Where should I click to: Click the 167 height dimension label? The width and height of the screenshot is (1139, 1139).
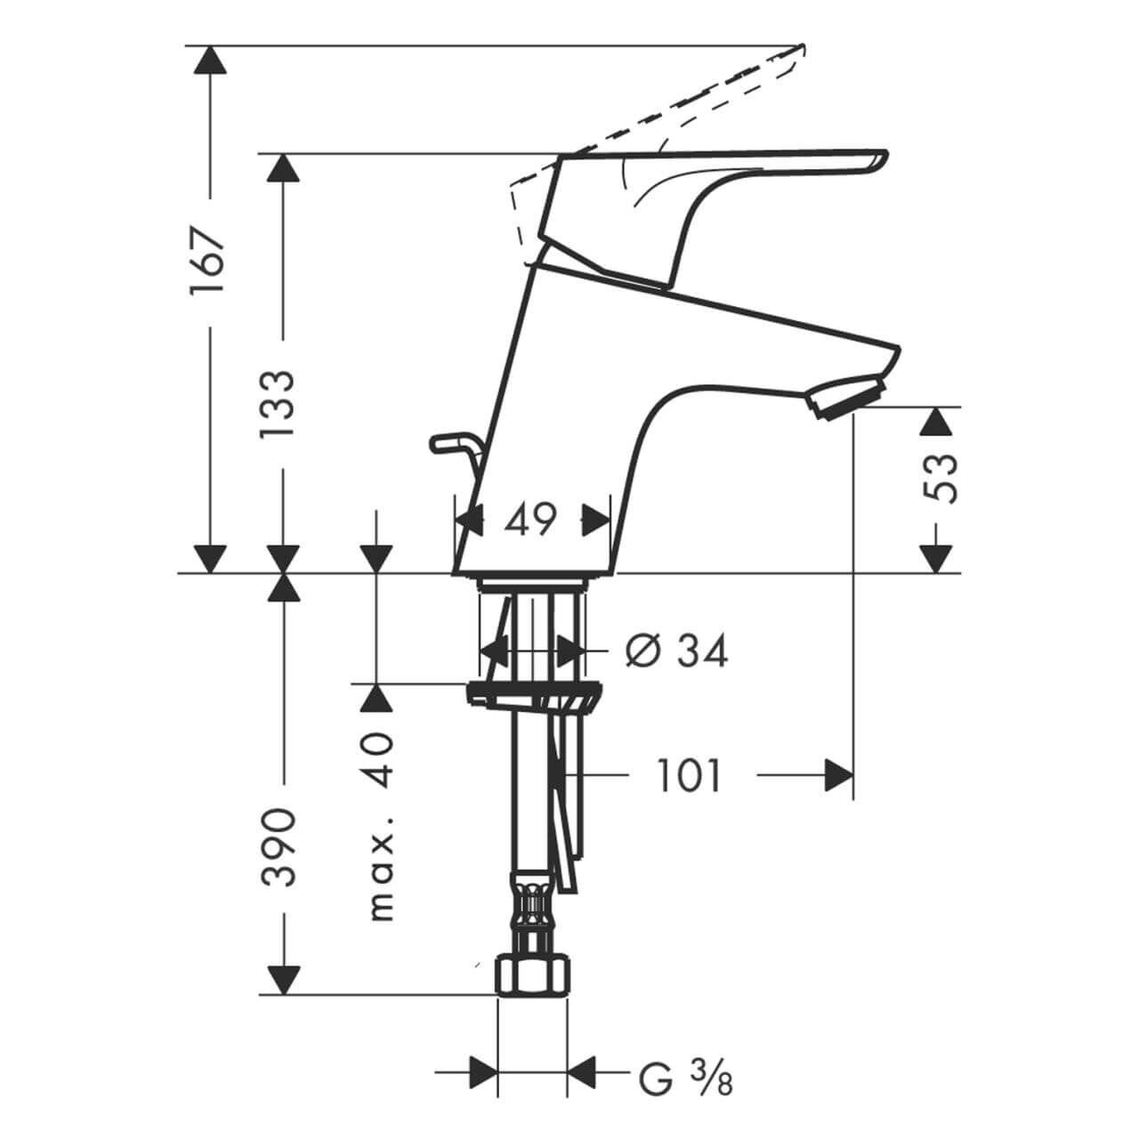(x=209, y=263)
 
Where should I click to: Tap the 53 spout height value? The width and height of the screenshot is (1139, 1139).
(x=941, y=478)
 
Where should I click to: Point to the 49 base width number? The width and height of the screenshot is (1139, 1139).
(x=530, y=519)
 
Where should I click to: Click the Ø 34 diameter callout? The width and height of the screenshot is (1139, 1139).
(x=676, y=651)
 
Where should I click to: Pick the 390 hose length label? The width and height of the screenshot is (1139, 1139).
(x=279, y=847)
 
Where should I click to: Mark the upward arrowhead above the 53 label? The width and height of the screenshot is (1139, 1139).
(x=933, y=421)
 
